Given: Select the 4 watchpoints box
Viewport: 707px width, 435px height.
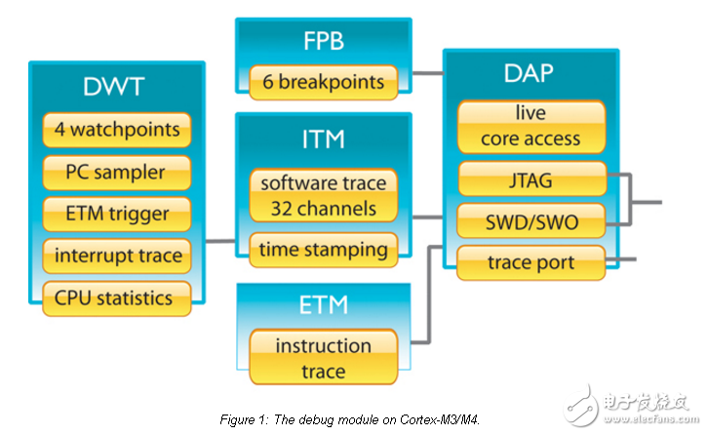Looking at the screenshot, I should coord(116,130).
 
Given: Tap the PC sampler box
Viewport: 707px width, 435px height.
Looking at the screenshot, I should coord(116,173).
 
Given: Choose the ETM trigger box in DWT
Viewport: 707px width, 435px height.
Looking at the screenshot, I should coord(116,214).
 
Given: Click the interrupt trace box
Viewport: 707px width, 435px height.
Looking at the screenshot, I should coord(116,256).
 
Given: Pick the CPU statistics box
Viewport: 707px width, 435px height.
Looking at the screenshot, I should coord(116,297).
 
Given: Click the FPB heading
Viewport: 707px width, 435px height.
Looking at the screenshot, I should coord(323,42).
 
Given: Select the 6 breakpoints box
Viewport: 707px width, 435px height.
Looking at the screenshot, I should coord(323,82).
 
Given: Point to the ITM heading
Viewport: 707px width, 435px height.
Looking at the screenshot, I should coord(323,138).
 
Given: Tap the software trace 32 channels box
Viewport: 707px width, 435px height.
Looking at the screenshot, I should coord(323,195).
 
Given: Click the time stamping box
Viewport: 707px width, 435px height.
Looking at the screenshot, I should coord(323,249).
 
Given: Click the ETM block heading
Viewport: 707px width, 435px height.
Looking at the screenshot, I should coord(323,306).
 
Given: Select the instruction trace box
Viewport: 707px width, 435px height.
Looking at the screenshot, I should coord(323,358).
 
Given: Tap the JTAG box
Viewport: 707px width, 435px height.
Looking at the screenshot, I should coord(530,179).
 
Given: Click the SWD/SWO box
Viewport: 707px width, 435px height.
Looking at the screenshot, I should coord(530,221).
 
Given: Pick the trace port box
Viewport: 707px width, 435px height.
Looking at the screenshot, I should coord(530,262).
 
